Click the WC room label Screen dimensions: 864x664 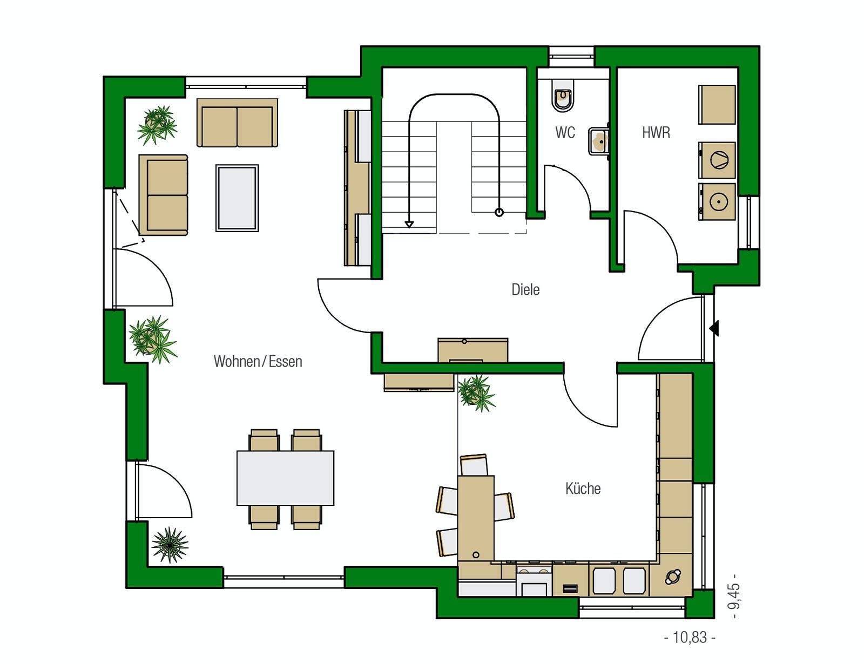click(565, 132)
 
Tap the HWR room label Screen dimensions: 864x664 click(656, 132)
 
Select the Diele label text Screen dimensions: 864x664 click(525, 290)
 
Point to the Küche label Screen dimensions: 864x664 click(583, 489)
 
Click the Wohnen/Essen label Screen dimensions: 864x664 click(258, 361)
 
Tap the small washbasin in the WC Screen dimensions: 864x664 click(599, 141)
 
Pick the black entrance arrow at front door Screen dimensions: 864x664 click(714, 328)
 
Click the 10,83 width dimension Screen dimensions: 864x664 click(690, 637)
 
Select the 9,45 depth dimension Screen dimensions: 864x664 click(734, 596)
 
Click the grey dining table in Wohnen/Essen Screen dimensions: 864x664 click(285, 478)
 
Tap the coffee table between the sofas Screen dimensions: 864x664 click(237, 198)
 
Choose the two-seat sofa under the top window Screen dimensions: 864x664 click(237, 123)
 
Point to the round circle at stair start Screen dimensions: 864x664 click(499, 212)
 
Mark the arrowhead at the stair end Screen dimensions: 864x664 click(409, 225)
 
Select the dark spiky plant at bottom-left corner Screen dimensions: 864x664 click(170, 544)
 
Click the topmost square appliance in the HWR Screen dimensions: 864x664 click(717, 105)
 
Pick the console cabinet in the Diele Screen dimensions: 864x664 click(473, 350)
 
